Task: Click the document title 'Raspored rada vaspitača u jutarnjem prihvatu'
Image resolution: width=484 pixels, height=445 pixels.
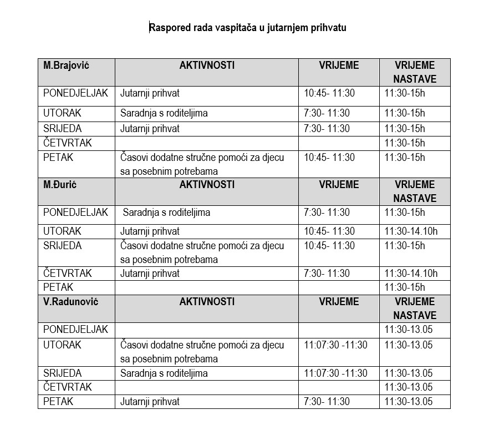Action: pyautogui.click(x=247, y=27)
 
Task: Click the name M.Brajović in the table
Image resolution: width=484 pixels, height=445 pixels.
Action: pyautogui.click(x=67, y=65)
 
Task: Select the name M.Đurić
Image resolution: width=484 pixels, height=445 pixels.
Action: pyautogui.click(x=60, y=185)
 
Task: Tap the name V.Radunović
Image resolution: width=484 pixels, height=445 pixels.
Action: pyautogui.click(x=70, y=302)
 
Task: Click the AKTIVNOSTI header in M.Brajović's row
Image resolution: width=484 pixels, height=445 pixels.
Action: pyautogui.click(x=207, y=65)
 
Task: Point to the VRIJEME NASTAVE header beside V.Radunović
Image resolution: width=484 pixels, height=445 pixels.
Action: pyautogui.click(x=415, y=309)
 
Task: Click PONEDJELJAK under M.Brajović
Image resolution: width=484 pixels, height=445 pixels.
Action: pyautogui.click(x=75, y=93)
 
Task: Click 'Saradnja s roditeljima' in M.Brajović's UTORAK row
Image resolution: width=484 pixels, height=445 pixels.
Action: pyautogui.click(x=164, y=113)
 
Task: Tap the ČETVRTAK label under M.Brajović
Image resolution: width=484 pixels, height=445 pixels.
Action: pyautogui.click(x=68, y=143)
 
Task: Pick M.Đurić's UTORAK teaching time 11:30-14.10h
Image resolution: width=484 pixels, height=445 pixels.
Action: pyautogui.click(x=411, y=231)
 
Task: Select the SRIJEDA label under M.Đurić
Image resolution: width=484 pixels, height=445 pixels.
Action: pyautogui.click(x=63, y=246)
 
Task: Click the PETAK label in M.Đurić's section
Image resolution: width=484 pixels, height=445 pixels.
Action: pyautogui.click(x=58, y=287)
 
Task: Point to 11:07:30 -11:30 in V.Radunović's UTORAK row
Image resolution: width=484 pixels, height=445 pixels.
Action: pyautogui.click(x=335, y=345)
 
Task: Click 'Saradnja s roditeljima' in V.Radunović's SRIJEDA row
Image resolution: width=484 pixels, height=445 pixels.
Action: pyautogui.click(x=164, y=373)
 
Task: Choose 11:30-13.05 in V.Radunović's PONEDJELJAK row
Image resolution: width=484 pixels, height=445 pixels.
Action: pyautogui.click(x=408, y=330)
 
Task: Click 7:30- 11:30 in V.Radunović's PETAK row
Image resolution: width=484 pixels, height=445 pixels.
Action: pyautogui.click(x=327, y=402)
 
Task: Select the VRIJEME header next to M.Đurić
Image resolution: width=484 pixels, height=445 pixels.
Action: pyautogui.click(x=339, y=185)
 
